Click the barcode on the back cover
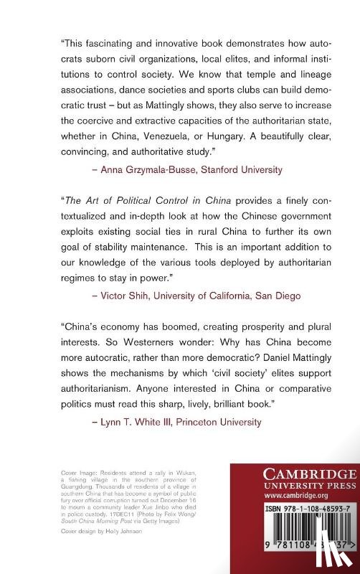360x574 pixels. pos(295,551)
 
